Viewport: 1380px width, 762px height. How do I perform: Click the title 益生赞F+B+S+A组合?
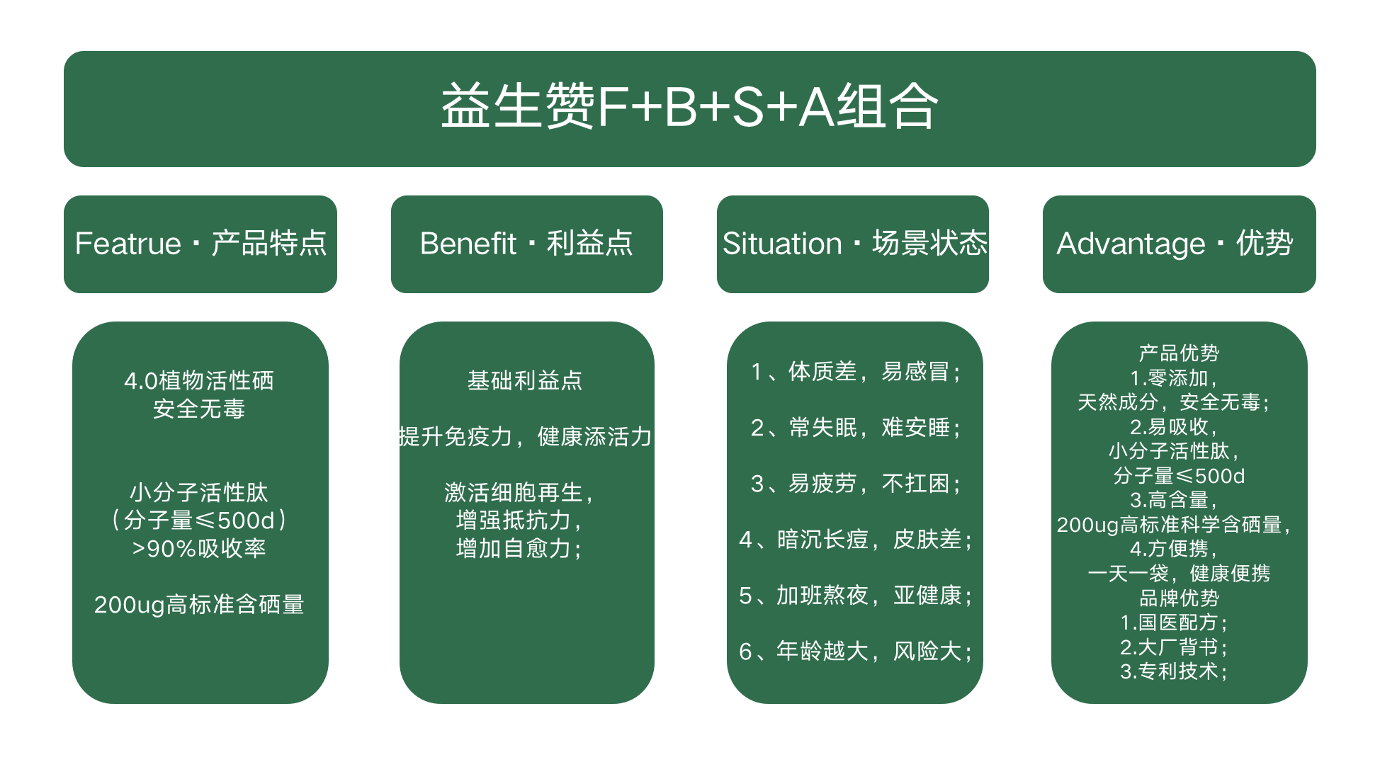690,106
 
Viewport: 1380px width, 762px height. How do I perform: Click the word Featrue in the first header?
128,244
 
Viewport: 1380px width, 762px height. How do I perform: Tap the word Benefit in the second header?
468,244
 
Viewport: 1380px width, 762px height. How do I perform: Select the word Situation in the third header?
782,244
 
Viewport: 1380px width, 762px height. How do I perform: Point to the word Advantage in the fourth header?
1131,244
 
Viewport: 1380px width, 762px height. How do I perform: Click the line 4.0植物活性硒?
199,381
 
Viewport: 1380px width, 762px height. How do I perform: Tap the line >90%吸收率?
199,548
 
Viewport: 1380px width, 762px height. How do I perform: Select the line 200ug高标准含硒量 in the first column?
199,604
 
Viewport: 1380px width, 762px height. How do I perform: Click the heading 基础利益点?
525,381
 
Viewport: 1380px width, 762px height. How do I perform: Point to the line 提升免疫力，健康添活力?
525,436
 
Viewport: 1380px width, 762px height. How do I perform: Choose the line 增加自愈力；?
519,548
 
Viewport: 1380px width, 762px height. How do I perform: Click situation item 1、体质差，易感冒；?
856,371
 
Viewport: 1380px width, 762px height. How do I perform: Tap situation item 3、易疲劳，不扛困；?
856,483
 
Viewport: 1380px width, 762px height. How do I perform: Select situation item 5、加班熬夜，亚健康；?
856,595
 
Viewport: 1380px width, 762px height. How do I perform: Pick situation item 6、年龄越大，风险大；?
856,651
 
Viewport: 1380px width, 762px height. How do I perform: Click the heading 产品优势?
1179,353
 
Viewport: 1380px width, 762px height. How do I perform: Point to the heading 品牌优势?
1179,598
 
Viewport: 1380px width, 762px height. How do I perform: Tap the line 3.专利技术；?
1174,671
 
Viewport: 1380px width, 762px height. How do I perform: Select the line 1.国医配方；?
1174,622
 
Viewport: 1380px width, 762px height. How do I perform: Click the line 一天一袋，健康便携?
1179,573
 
